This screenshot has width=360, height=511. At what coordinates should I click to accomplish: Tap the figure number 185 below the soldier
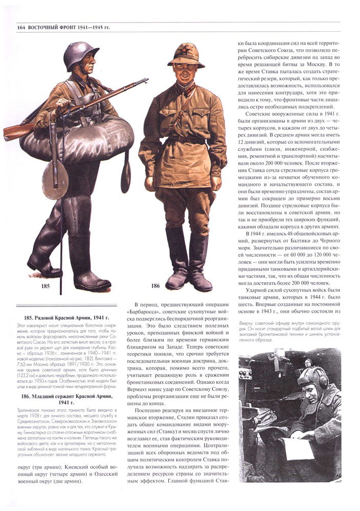click(x=45, y=286)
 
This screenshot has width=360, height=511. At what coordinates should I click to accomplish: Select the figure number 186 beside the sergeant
click(x=155, y=286)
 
